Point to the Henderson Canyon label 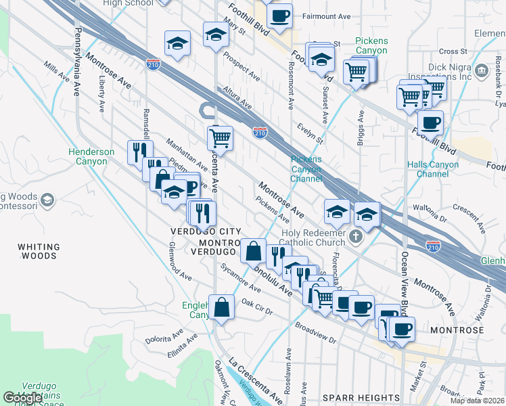(91, 157)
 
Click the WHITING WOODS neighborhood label (38, 252)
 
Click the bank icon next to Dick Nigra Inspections (482, 71)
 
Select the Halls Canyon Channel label (433, 169)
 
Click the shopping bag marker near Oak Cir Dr (222, 308)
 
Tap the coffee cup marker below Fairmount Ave (280, 15)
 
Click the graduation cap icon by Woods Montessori (47, 200)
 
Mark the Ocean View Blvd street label (405, 277)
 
